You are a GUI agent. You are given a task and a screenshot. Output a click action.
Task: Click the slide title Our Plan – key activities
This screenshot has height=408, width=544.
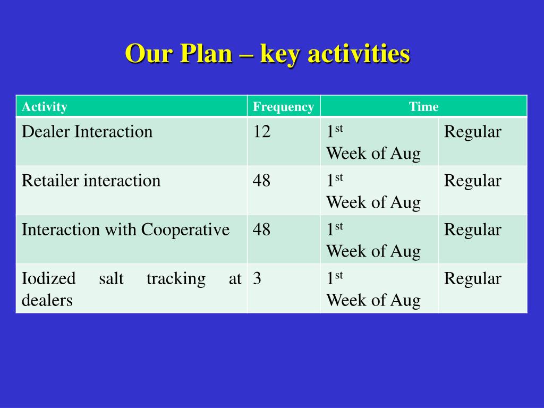(267, 54)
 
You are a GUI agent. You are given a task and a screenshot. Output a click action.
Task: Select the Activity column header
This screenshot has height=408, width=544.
(45, 107)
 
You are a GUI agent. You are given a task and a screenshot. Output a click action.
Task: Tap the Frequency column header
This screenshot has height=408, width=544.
(283, 107)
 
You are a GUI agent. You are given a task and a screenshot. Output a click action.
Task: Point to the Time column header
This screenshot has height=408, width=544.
(423, 107)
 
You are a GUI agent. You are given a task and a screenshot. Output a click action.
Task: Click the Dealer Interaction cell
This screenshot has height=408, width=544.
(87, 132)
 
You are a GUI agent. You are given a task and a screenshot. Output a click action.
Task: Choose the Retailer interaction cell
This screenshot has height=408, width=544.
(91, 181)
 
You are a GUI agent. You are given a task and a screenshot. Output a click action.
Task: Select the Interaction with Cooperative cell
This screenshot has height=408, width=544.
(125, 229)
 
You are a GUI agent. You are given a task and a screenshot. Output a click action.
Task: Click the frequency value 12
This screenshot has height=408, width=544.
(261, 132)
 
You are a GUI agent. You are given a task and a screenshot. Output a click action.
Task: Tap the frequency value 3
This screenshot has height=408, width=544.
(257, 279)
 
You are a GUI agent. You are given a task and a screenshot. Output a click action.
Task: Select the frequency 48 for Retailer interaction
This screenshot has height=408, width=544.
(261, 181)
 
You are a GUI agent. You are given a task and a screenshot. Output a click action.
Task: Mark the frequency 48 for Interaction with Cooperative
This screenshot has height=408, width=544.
(261, 229)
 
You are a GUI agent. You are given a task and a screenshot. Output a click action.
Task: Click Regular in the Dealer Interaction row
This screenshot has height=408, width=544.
(472, 132)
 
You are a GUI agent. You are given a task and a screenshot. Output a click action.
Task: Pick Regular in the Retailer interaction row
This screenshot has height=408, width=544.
(472, 181)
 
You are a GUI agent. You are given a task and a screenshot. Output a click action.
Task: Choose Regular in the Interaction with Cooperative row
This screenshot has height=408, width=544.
(472, 229)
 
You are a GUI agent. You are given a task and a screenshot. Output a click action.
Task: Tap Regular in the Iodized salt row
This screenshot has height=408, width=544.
(472, 279)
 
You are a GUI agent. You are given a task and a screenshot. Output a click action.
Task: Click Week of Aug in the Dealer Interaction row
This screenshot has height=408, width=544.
(373, 154)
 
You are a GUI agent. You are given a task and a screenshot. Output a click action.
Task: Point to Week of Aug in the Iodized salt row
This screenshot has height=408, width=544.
(373, 301)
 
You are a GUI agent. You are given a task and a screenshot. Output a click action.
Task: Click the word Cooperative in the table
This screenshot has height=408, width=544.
(185, 229)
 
